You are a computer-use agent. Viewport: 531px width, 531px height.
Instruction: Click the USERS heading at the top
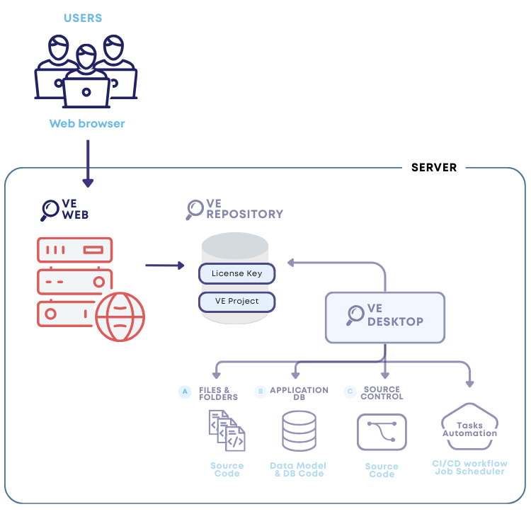[83, 17]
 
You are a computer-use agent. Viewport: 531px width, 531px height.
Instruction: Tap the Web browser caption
[86, 124]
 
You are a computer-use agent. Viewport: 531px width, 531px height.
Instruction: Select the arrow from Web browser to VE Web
[88, 164]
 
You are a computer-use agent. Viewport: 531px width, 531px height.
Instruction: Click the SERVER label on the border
[434, 168]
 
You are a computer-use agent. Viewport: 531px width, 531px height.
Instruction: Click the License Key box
[236, 273]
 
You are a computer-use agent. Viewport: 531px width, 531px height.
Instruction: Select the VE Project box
[236, 302]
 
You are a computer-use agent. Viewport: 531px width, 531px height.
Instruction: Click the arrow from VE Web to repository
[164, 266]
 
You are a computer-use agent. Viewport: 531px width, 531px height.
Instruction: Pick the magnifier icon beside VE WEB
[50, 210]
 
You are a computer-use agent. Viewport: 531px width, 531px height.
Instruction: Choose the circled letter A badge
[185, 392]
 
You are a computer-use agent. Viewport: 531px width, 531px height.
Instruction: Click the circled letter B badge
[260, 391]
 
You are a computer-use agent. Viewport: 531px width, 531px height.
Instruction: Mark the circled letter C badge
[349, 392]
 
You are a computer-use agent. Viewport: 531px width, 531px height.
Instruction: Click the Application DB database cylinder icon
[299, 430]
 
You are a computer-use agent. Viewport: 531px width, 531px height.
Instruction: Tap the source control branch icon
[382, 432]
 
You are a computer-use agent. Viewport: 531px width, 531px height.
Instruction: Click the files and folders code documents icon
[227, 430]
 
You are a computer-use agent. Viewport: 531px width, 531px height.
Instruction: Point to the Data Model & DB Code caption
[299, 469]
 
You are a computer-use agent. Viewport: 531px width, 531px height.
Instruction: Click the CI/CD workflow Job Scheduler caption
[469, 467]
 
